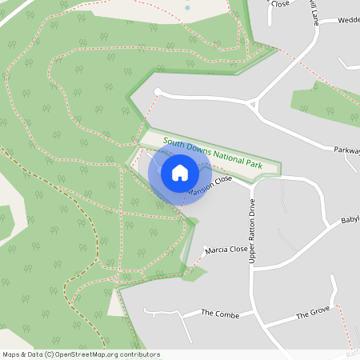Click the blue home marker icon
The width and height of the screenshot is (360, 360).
(180, 173)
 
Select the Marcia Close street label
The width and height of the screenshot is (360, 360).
(226, 250)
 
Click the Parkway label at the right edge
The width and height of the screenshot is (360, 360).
(346, 148)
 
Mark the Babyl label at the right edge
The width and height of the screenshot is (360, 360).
(350, 219)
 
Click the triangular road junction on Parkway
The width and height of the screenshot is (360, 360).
(255, 104)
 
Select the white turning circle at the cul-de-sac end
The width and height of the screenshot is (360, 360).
(158, 92)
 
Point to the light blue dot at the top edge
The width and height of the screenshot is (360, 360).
(187, 7)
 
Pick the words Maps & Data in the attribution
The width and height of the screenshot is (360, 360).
(22, 354)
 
